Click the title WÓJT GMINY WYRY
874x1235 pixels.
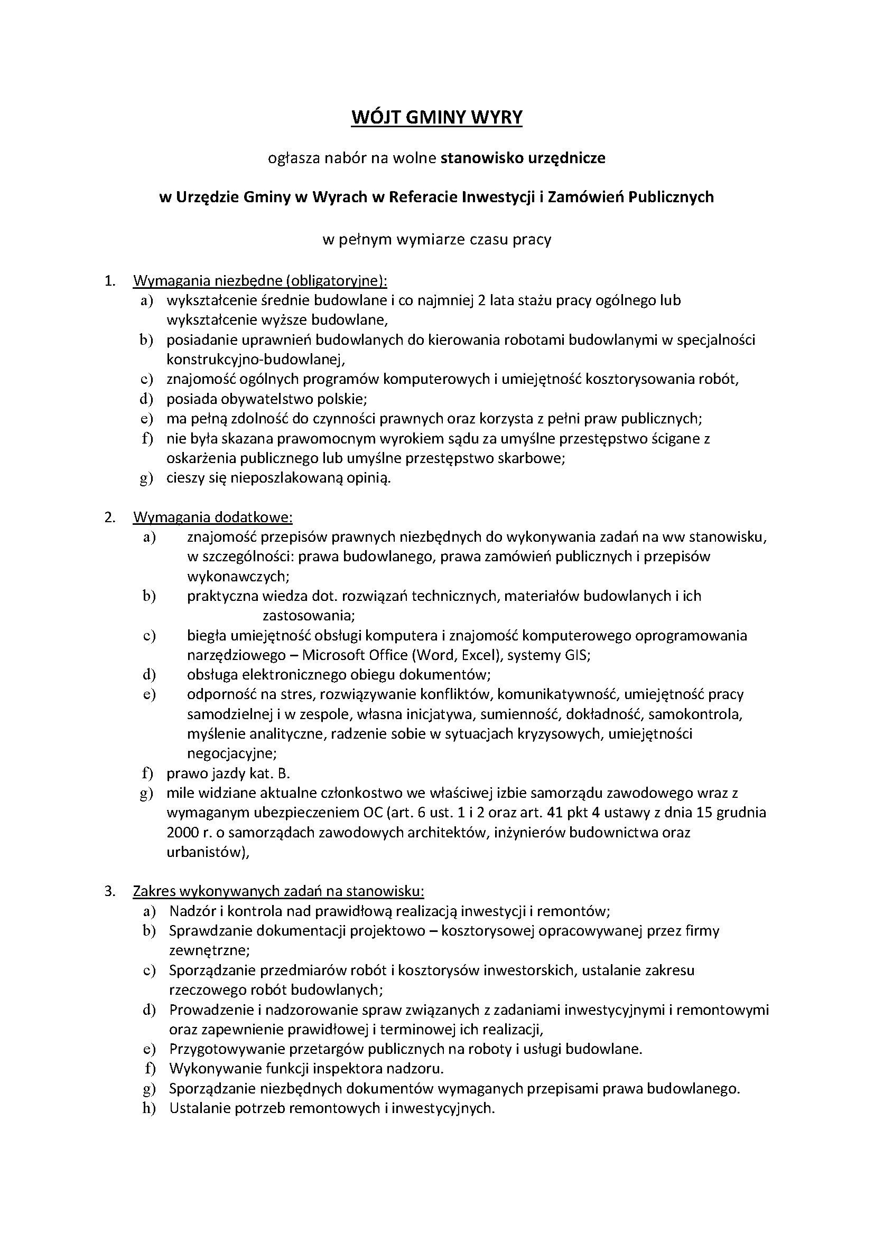pos(436,117)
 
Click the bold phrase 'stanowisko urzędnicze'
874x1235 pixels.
pos(523,158)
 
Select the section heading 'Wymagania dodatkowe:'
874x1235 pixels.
pos(212,517)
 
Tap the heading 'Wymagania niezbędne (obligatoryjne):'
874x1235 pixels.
pos(260,281)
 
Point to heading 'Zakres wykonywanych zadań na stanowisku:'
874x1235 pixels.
pos(278,891)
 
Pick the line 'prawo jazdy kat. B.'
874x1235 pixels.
pos(228,774)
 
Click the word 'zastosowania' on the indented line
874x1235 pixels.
pos(305,615)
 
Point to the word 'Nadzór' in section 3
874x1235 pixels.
pos(192,911)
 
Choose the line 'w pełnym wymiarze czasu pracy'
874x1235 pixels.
pos(436,239)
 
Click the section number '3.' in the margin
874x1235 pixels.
pos(110,891)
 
